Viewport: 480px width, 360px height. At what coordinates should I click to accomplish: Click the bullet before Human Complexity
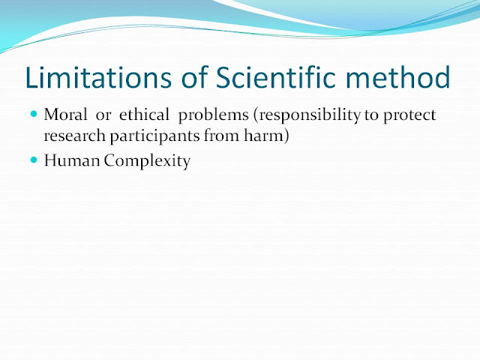click(34, 160)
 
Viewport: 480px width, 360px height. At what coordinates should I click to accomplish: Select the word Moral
click(65, 117)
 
